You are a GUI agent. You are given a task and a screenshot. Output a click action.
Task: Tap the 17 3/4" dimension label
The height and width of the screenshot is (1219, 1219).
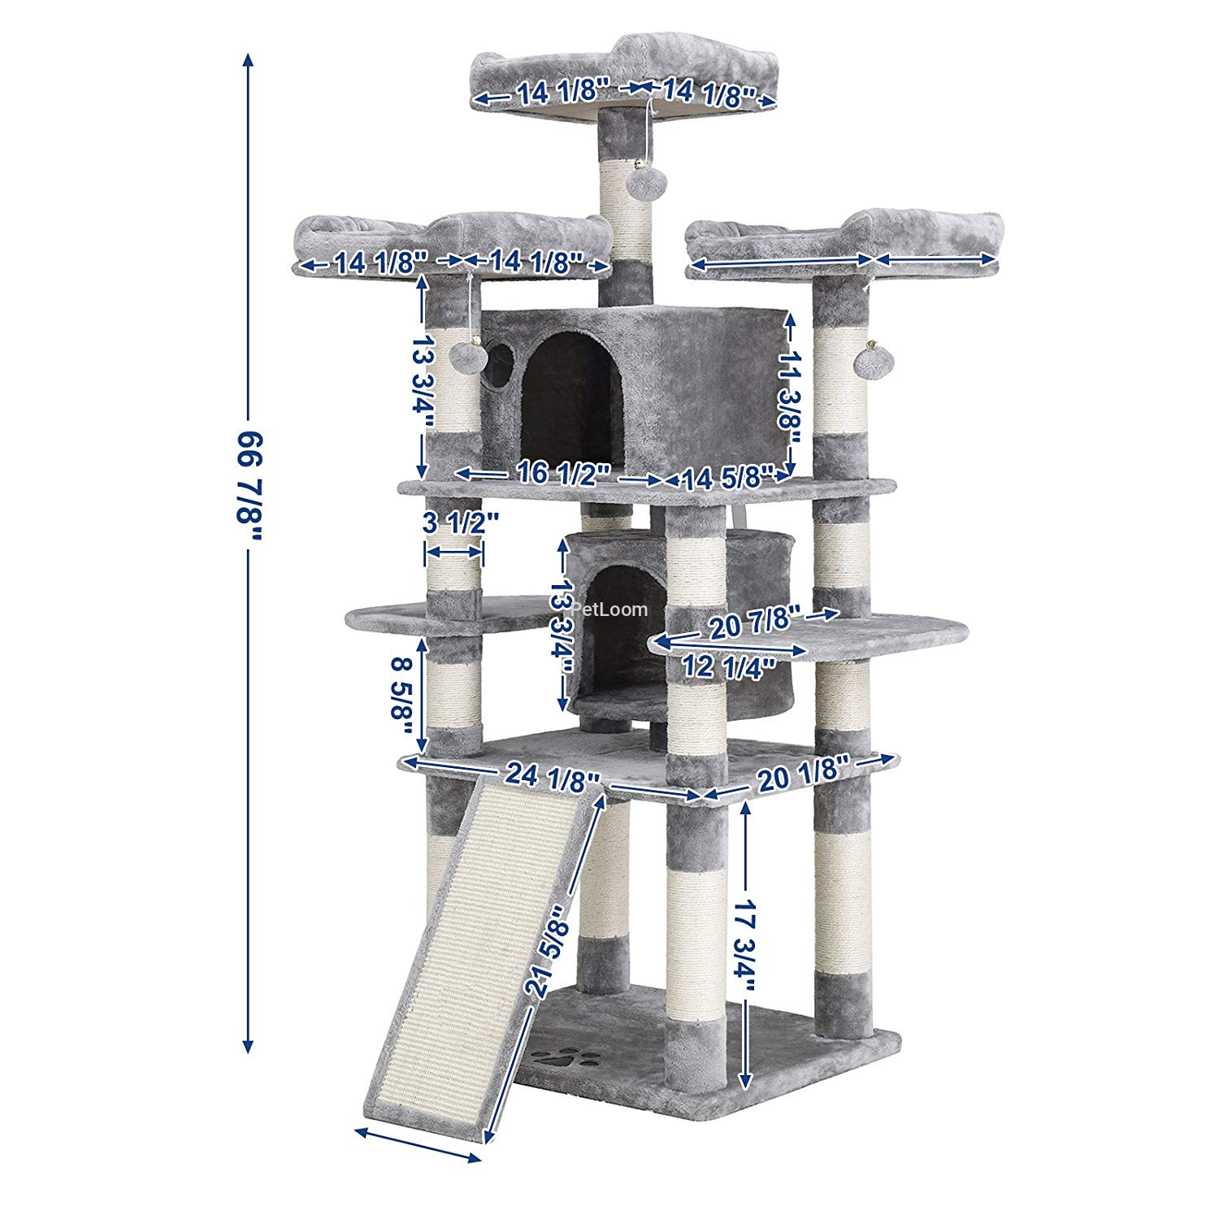tap(745, 945)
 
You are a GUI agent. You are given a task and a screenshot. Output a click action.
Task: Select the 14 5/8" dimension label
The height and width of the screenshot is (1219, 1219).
tap(725, 478)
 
